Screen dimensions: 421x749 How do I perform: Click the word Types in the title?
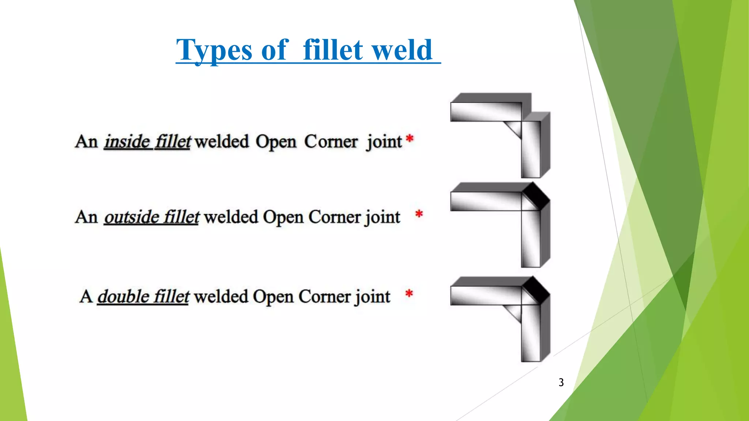point(214,50)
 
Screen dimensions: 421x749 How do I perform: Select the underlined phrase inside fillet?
point(147,142)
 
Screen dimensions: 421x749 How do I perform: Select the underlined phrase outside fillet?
point(151,217)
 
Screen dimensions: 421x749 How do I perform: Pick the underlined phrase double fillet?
point(143,296)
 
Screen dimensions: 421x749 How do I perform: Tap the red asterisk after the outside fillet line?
point(419,214)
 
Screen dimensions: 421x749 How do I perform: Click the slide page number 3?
point(561,382)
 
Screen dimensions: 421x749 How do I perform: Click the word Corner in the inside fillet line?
point(331,142)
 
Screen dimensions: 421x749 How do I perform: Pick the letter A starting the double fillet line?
point(86,296)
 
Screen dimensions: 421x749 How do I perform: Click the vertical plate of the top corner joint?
point(531,150)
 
